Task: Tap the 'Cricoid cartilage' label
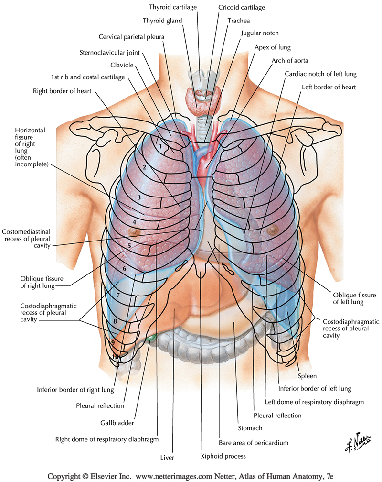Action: tap(242, 8)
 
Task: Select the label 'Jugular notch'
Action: tap(260, 33)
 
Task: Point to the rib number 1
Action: tap(161, 142)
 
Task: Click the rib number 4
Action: tap(135, 222)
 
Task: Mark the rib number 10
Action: tap(115, 357)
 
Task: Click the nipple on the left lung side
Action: tap(273, 230)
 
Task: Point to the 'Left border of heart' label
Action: tap(329, 87)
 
